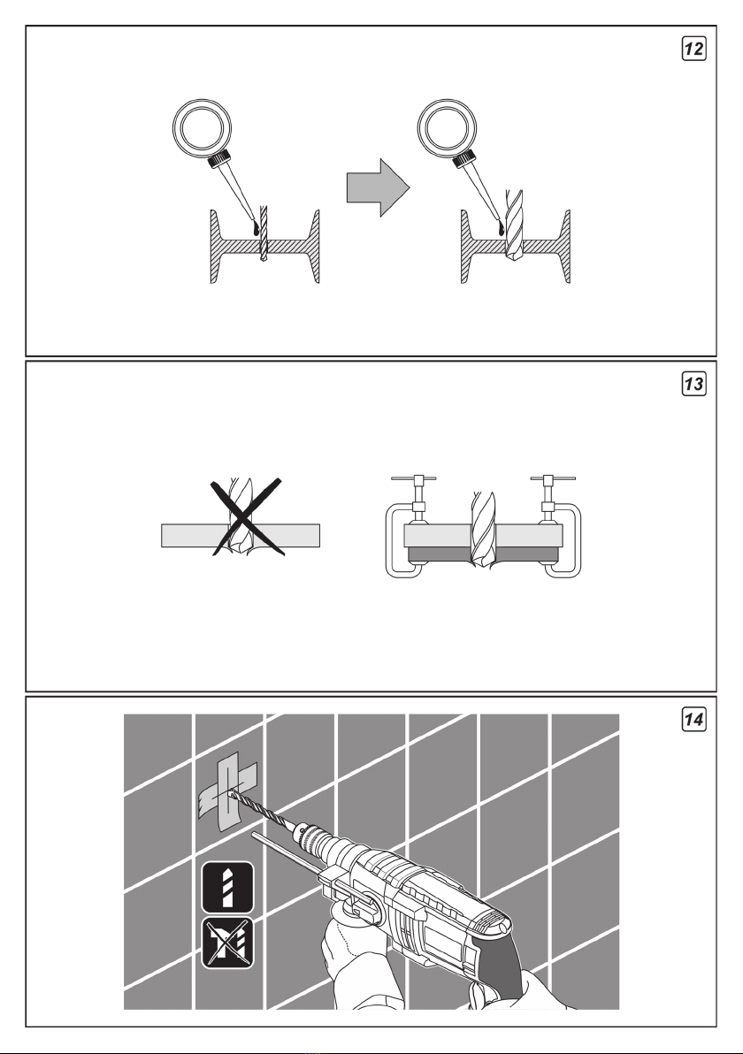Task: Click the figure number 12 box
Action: point(694,49)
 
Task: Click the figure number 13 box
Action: point(694,384)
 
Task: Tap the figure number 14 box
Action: point(694,719)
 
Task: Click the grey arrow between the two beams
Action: point(378,187)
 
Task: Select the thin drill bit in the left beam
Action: point(263,233)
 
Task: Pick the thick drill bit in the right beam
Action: point(515,226)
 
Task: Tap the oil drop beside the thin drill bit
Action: point(256,229)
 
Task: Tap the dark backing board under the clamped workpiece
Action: point(484,554)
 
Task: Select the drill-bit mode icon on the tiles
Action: point(228,887)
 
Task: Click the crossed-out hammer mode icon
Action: point(228,943)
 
